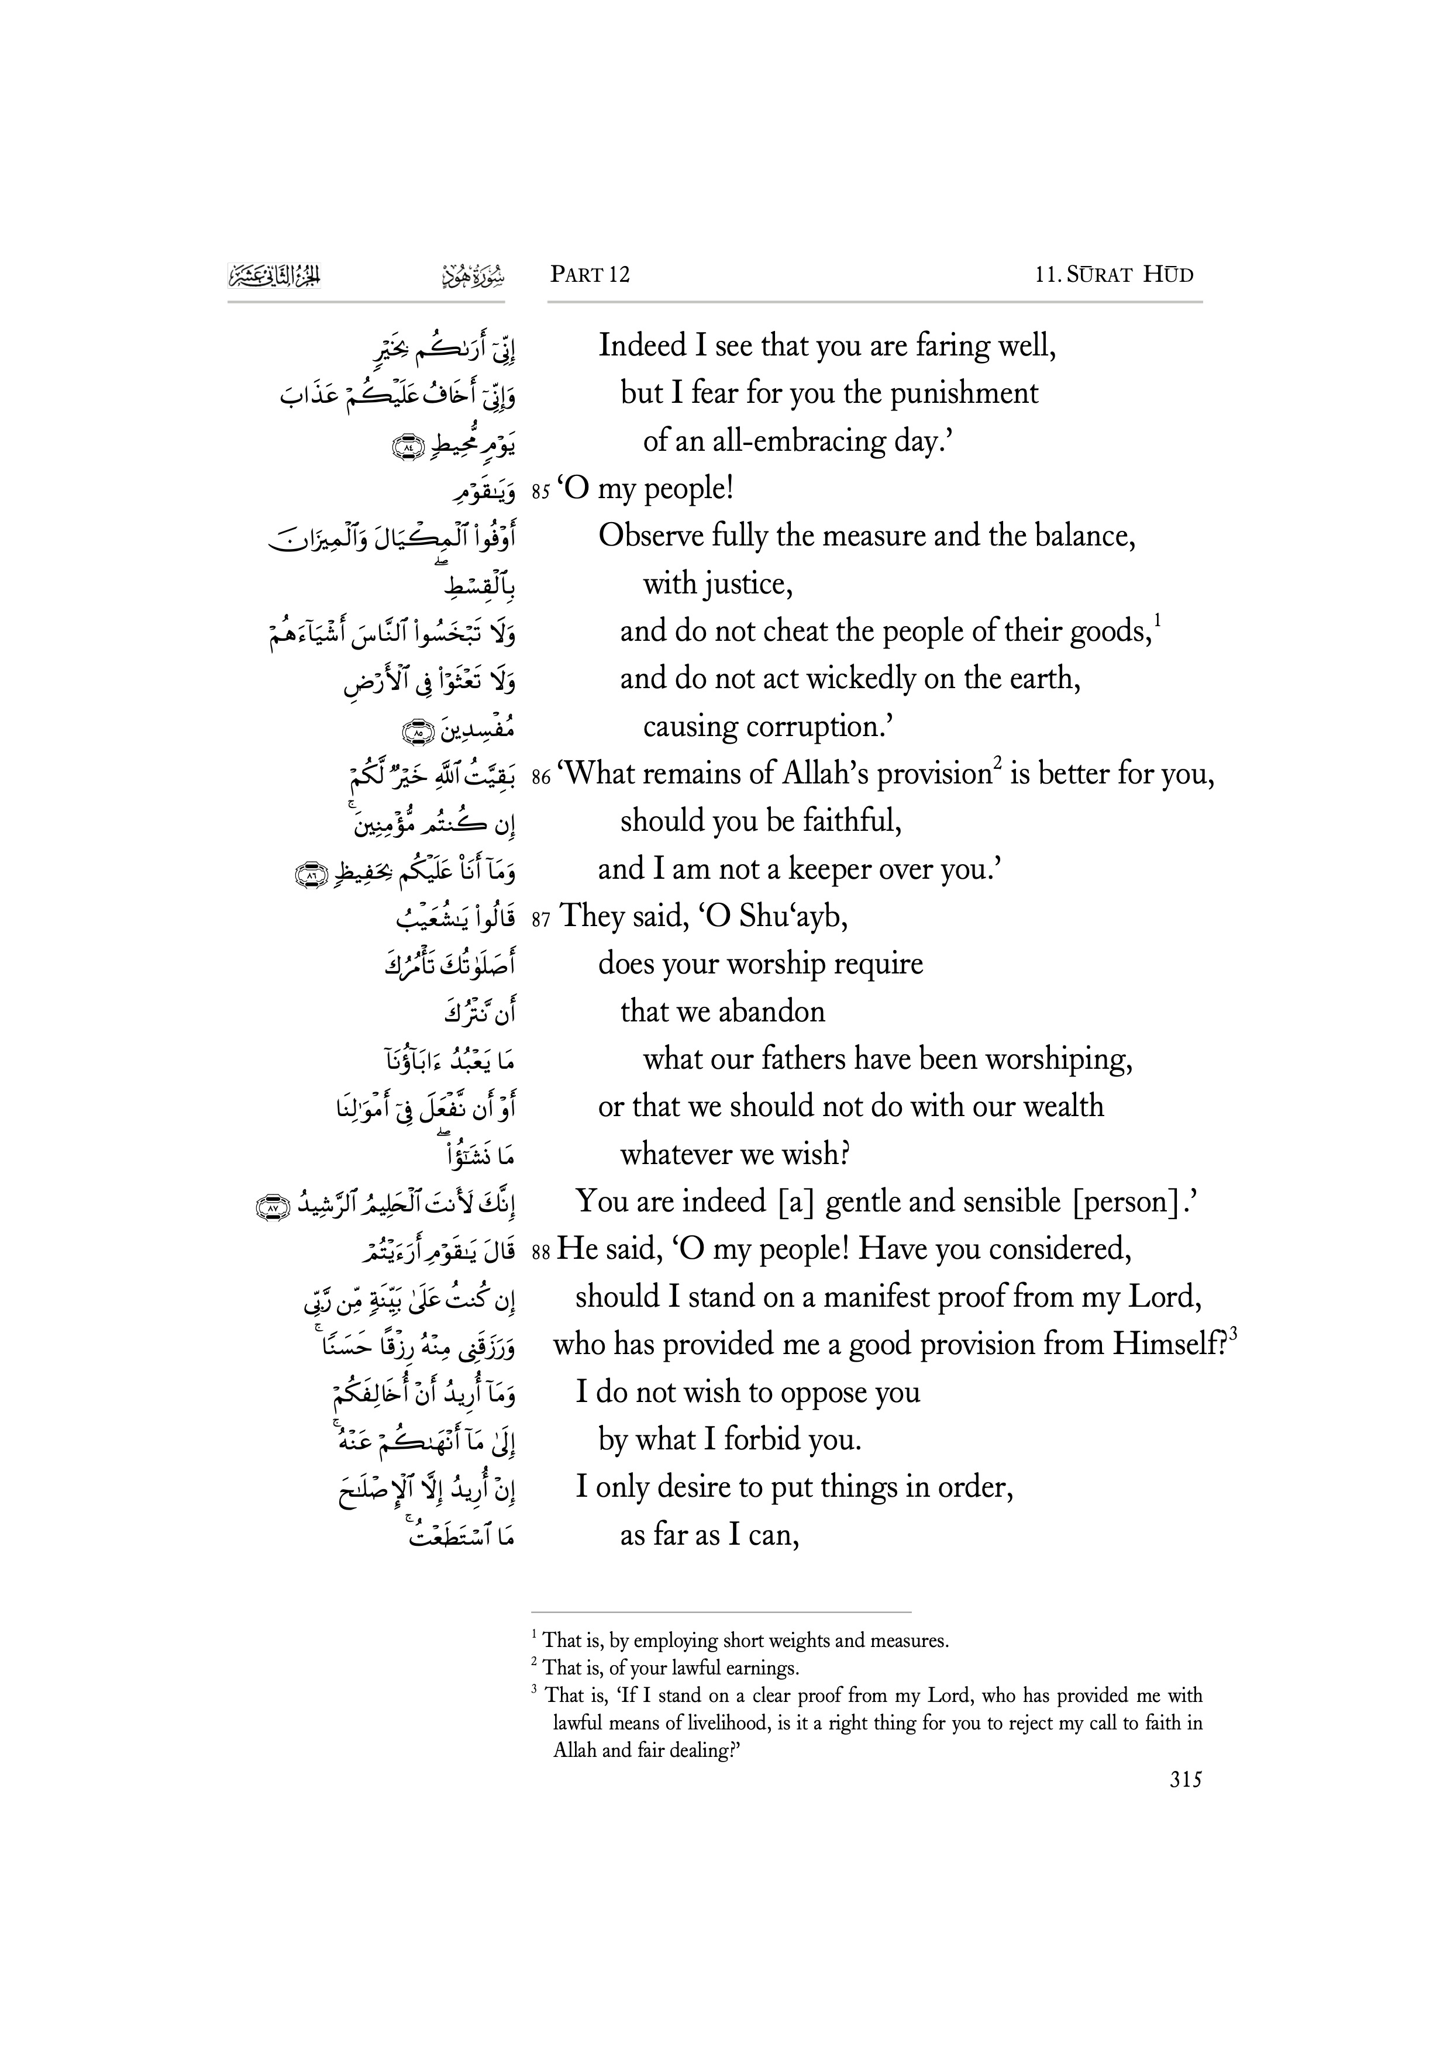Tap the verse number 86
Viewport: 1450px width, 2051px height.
point(540,777)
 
